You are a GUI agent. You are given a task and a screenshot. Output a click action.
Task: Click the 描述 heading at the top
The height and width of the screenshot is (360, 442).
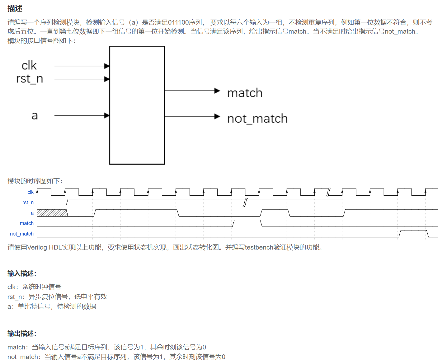[15, 8]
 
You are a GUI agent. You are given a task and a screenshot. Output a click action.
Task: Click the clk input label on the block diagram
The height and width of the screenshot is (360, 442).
[29, 66]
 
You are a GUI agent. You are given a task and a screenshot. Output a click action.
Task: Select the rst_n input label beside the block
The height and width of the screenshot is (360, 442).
[30, 79]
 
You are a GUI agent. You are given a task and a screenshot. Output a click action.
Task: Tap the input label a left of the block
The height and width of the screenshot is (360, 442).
[35, 116]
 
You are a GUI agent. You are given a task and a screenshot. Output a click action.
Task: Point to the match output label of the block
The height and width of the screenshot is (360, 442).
[245, 93]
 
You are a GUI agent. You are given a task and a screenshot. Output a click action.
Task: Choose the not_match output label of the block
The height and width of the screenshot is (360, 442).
[257, 119]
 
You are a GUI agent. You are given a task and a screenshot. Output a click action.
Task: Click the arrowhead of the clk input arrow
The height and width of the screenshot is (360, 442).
[107, 66]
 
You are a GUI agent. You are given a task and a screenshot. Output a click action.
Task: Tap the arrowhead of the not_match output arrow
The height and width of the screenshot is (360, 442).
[217, 116]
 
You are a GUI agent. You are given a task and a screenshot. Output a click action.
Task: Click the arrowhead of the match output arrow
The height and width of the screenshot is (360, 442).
[217, 91]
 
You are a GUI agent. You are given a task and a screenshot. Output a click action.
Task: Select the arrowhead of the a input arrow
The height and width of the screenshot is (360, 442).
[107, 115]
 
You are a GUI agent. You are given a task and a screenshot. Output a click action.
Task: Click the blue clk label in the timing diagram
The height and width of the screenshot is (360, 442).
[31, 192]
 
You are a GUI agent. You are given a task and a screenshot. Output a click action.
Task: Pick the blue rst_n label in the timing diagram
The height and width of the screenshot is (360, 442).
[28, 203]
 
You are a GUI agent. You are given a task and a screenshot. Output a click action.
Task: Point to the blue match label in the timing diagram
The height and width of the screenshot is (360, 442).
[27, 223]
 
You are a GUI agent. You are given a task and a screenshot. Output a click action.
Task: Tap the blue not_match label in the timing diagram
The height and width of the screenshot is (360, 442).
[22, 234]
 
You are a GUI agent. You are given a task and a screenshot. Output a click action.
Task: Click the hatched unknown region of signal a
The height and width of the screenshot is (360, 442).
[52, 213]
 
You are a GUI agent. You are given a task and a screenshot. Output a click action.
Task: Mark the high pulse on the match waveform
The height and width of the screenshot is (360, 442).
[247, 223]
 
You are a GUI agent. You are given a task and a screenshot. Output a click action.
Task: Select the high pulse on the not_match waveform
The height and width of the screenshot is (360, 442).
[413, 233]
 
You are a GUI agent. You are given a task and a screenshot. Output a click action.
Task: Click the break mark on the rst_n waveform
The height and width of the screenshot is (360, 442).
[245, 203]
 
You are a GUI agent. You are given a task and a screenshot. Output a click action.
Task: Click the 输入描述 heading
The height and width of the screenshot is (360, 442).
[22, 274]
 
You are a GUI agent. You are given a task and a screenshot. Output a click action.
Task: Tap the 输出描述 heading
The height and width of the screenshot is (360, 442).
[22, 334]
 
